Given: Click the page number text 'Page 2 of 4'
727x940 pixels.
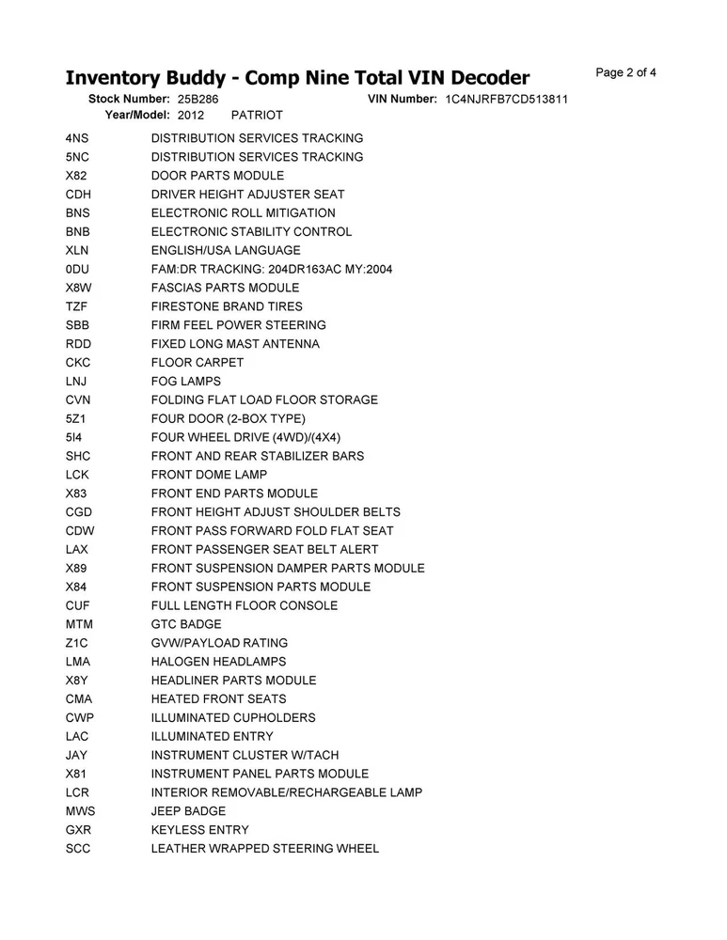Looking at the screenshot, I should [625, 72].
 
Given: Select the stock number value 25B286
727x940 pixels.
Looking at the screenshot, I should [198, 99].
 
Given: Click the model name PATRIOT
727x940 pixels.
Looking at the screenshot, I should [257, 115].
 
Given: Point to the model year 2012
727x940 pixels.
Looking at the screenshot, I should [190, 115].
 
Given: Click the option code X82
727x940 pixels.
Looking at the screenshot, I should [76, 176].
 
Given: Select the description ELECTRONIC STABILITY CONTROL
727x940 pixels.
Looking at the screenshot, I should [251, 231].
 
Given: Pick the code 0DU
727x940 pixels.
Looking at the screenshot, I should [77, 269].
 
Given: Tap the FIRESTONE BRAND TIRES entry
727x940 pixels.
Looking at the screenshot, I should [227, 306].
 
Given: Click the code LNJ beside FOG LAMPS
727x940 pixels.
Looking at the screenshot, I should [77, 381].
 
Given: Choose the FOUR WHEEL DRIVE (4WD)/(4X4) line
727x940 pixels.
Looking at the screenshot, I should [245, 437].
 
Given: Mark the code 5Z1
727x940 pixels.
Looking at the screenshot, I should [76, 418].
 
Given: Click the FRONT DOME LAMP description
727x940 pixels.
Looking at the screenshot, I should [209, 475].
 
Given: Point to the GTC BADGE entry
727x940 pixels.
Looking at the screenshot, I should [186, 624].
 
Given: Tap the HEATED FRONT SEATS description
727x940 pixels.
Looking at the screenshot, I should [218, 699].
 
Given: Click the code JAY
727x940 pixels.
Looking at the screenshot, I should [77, 755].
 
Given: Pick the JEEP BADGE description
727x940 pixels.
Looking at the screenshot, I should [188, 811].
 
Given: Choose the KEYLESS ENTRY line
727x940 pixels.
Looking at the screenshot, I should [200, 830].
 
